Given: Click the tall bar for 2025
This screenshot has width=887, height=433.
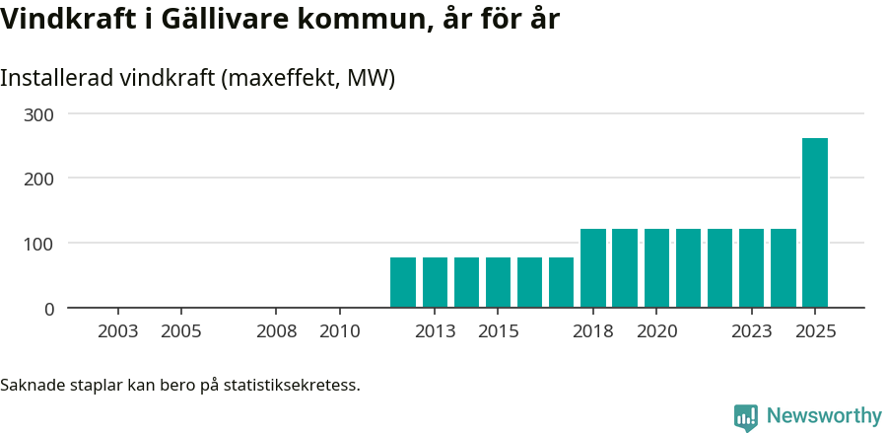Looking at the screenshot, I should [x=814, y=223].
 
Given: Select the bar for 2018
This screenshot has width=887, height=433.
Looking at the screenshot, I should [x=593, y=268].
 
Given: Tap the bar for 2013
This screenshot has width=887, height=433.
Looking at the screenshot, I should [x=435, y=282].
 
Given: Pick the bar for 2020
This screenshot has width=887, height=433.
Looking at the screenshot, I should [x=656, y=268].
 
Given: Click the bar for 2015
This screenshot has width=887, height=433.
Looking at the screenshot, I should [x=498, y=282].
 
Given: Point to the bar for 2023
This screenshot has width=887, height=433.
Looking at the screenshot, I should [x=751, y=268].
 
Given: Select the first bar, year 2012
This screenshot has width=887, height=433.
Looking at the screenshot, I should [x=403, y=282].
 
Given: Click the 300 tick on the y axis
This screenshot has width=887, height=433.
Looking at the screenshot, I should [x=39, y=114].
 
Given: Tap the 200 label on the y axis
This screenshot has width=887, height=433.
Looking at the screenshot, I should [x=39, y=179].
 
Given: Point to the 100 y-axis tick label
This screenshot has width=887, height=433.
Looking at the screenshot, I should [x=39, y=244].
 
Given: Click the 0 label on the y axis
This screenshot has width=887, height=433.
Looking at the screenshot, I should [x=49, y=309].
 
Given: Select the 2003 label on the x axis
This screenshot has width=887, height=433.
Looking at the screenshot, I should [x=118, y=331].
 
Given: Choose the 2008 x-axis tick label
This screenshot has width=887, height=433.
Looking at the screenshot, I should [x=277, y=331].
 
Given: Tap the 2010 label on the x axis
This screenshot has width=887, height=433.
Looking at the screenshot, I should [x=340, y=331].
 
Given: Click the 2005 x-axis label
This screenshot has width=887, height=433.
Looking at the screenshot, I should [x=181, y=331].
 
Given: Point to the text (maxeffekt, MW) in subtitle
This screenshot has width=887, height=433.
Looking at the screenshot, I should [x=309, y=78].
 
